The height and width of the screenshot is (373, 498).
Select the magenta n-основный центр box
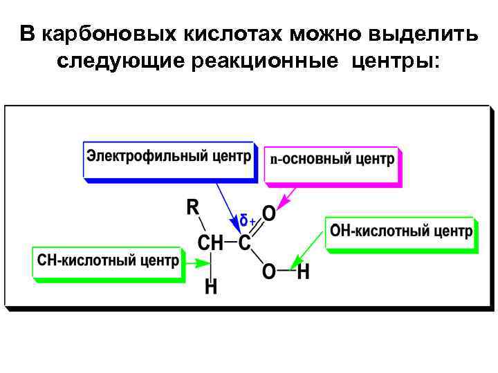click(331, 160)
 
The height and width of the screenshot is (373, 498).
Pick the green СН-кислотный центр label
click(107, 260)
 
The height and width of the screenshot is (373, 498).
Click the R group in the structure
click(193, 206)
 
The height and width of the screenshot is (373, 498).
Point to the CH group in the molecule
click(210, 242)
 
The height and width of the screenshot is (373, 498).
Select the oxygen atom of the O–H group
click(268, 271)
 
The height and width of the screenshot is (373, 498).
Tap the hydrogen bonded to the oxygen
click(303, 271)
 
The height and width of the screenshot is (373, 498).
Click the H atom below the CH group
click(211, 286)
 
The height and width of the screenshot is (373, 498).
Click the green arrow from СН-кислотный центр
click(199, 262)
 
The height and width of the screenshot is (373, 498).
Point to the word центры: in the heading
click(395, 61)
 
